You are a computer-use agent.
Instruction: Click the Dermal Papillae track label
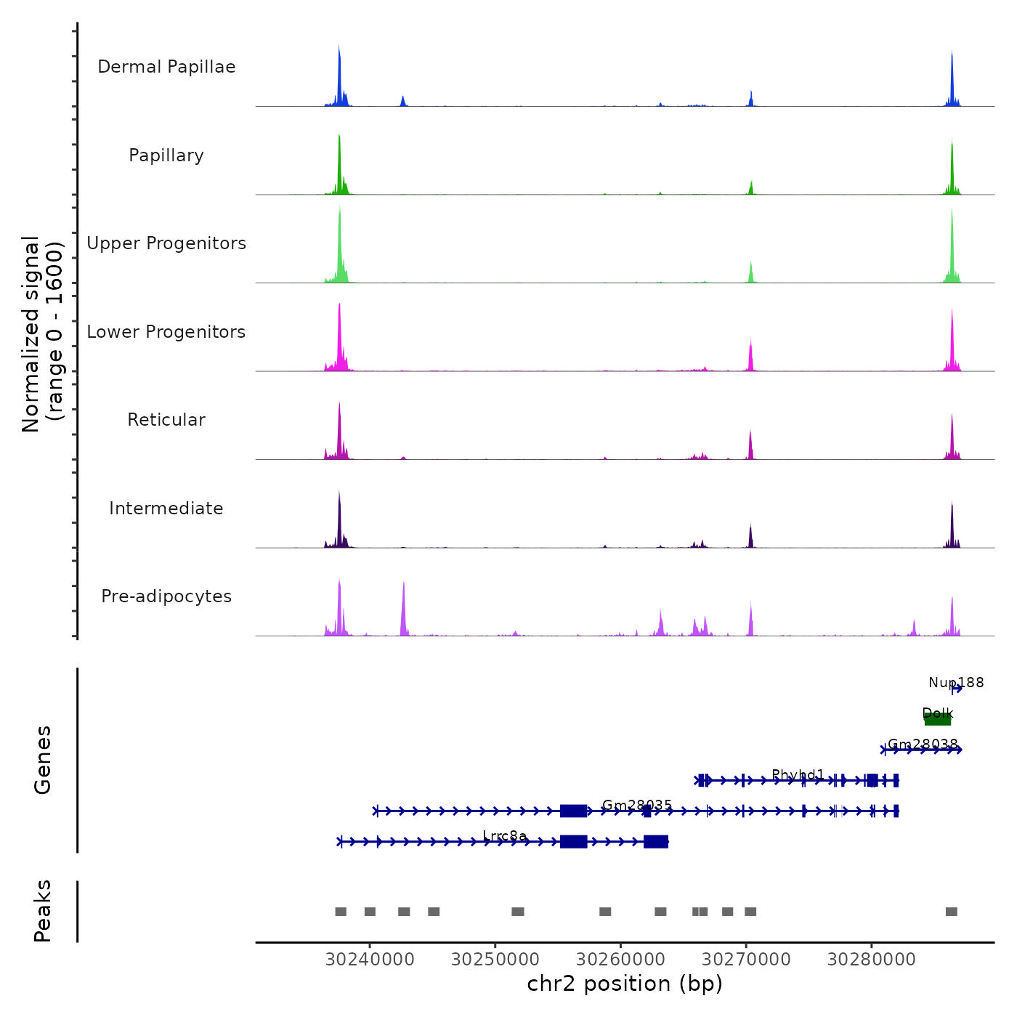coord(166,67)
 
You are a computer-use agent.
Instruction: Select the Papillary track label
coord(166,155)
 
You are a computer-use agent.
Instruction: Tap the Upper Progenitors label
coord(166,243)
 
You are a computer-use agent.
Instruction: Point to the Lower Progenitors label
coord(166,332)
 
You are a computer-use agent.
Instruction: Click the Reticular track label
coord(166,420)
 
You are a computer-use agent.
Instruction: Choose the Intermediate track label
coord(166,508)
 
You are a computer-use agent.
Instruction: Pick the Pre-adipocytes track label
coord(166,596)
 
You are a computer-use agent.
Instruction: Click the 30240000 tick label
coord(370,960)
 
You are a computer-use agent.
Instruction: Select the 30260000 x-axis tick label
coord(621,960)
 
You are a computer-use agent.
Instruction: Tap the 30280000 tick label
coord(872,960)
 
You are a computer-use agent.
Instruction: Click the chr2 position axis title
coord(625,984)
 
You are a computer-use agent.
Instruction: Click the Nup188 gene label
coord(956,683)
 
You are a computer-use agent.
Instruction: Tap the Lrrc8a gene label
coord(505,836)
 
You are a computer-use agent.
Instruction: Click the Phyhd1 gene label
coord(798,774)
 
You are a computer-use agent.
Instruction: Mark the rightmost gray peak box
coord(952,912)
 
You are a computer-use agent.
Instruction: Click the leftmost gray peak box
coord(341,912)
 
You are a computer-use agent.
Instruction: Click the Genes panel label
coord(43,760)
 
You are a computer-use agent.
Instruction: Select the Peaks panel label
coord(43,911)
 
